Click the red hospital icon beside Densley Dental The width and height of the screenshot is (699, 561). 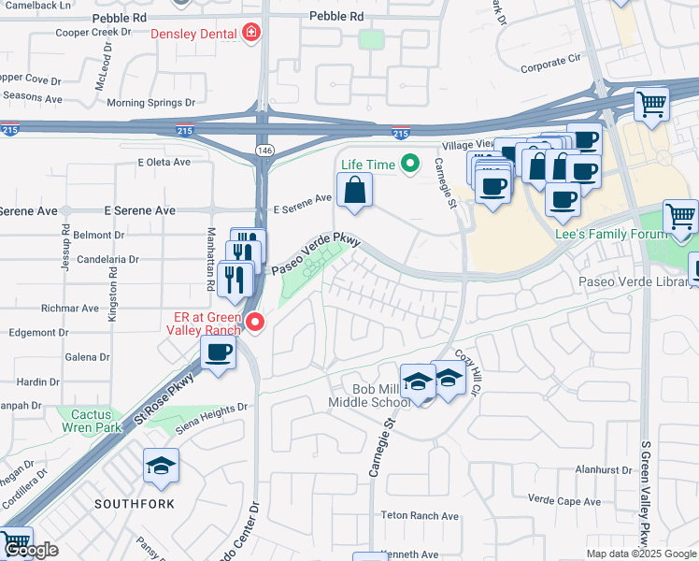pyautogui.click(x=250, y=36)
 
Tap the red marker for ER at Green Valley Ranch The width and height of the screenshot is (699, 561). pyautogui.click(x=254, y=324)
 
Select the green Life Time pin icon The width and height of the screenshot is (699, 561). pyautogui.click(x=408, y=165)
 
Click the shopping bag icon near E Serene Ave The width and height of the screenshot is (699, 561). pyautogui.click(x=356, y=191)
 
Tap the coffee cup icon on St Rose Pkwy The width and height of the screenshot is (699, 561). pyautogui.click(x=219, y=353)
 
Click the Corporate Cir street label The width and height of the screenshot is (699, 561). pyautogui.click(x=549, y=67)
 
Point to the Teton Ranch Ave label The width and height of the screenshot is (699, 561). pyautogui.click(x=420, y=515)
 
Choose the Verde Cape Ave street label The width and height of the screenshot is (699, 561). pyautogui.click(x=563, y=499)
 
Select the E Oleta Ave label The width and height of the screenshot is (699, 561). pyautogui.click(x=164, y=162)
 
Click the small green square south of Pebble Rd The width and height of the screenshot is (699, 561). pyautogui.click(x=371, y=39)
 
